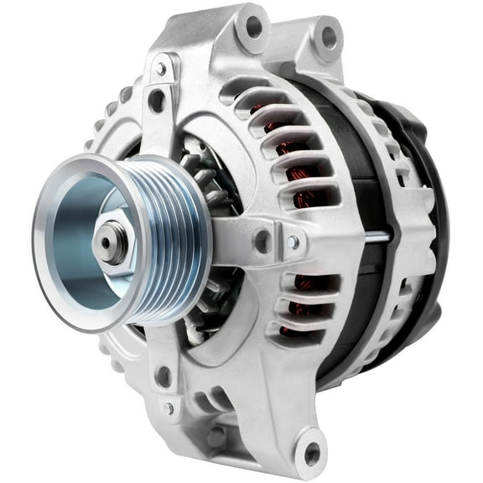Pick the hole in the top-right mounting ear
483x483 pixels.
click(329, 37)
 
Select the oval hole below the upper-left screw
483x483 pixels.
click(156, 101)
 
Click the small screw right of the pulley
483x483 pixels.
click(293, 241)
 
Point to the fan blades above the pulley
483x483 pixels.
click(198, 164)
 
